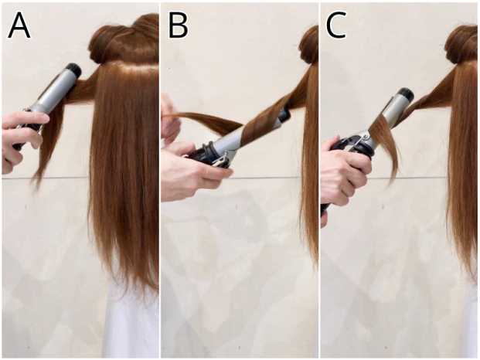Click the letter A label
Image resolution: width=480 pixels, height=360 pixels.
19,26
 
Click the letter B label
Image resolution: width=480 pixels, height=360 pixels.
178,26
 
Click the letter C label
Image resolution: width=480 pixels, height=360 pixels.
336,26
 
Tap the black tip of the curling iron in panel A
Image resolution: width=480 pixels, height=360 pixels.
73,70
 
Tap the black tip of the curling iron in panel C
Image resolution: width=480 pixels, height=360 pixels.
407,94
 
